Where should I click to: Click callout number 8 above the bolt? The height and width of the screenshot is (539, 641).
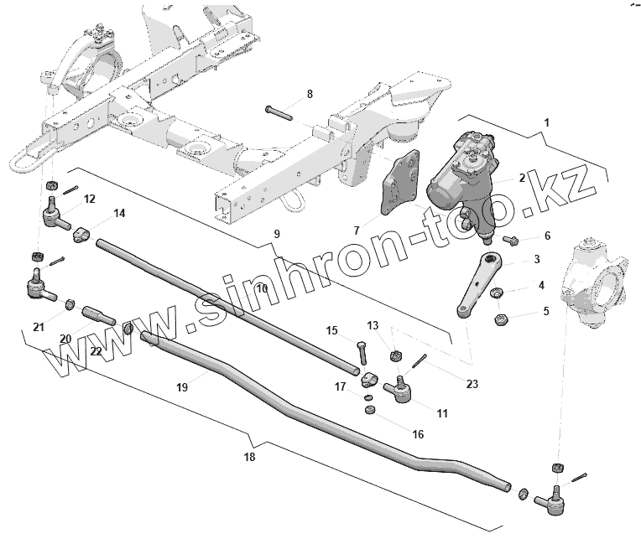[309, 94]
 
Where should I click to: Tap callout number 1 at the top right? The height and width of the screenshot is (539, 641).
[547, 123]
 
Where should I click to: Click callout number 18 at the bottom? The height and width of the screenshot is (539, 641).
[250, 457]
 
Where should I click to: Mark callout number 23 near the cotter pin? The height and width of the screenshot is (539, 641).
[472, 385]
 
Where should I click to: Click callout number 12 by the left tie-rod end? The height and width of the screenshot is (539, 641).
[89, 199]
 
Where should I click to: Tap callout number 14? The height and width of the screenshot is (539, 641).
[119, 214]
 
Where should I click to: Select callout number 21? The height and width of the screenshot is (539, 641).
[38, 326]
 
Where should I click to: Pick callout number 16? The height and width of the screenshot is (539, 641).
[418, 434]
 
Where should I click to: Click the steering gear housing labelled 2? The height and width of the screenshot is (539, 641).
[460, 172]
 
